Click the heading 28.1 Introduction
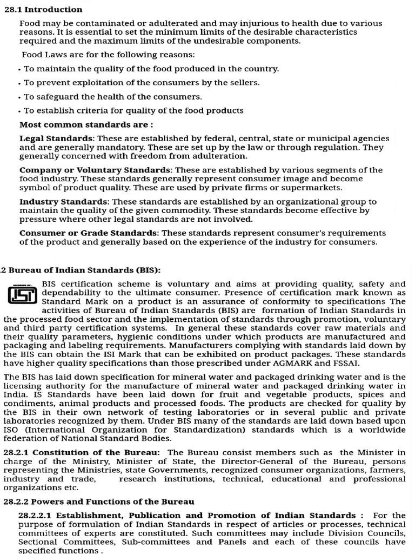click(43, 9)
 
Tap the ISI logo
click(22, 294)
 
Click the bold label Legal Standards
click(56, 138)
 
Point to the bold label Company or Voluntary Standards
click(95, 170)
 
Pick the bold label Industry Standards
click(64, 201)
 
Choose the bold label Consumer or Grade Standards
click(88, 233)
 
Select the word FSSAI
click(345, 362)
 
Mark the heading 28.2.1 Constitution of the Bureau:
click(82, 452)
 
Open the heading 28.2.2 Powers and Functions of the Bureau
click(99, 502)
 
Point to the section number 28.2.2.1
click(36, 515)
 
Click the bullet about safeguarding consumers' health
click(112, 96)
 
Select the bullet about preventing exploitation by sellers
click(142, 82)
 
